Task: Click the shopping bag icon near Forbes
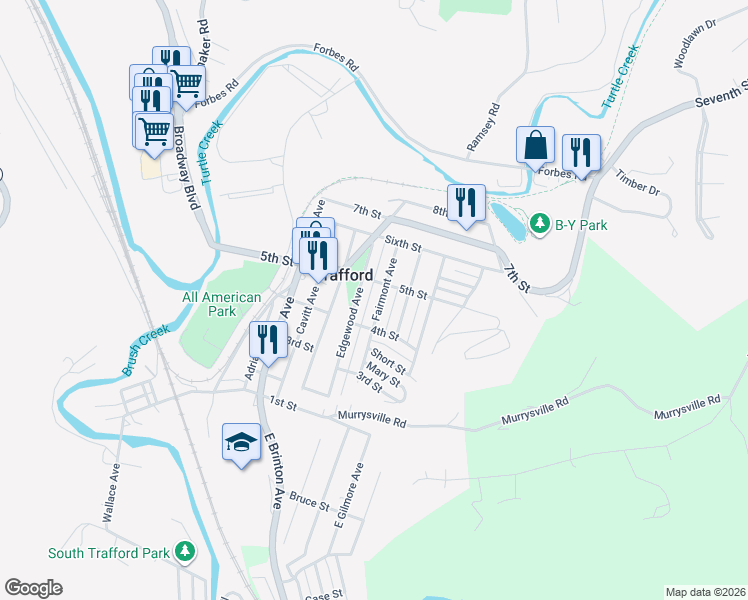point(536,145)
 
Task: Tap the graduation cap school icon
point(241,442)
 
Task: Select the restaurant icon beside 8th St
point(466,204)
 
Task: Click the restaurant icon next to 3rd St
point(267,340)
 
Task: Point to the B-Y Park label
point(582,225)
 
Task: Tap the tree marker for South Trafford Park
point(185,552)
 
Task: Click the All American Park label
point(222,304)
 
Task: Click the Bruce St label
point(309,497)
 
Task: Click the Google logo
point(33,588)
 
